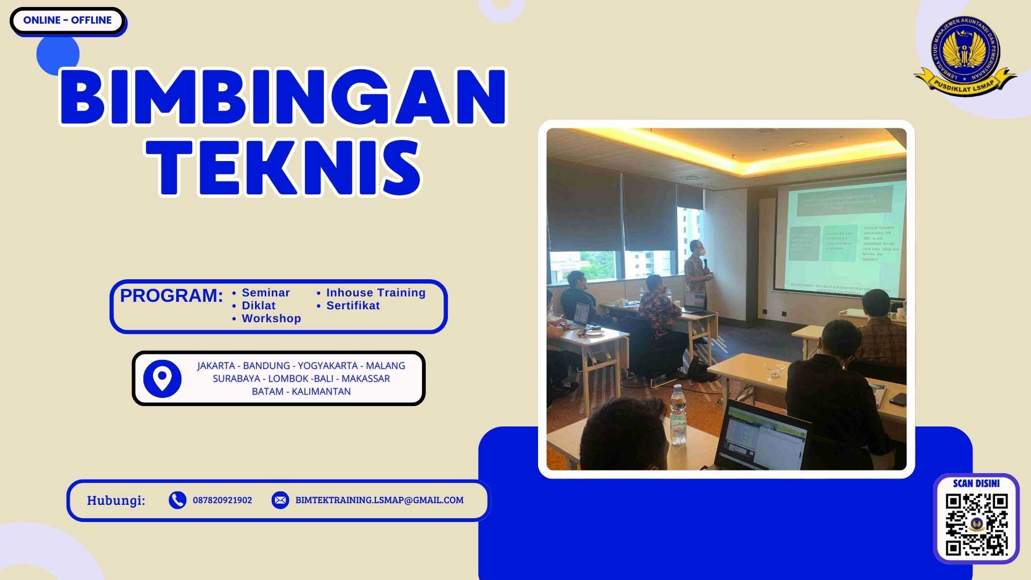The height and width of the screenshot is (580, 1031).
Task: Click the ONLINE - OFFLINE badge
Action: [x=67, y=20]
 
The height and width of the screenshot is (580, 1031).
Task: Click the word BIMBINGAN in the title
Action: [x=283, y=97]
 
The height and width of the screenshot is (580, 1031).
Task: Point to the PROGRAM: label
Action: [x=171, y=296]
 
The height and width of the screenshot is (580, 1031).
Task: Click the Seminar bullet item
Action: [x=265, y=293]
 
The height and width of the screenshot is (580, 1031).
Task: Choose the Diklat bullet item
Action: [x=258, y=306]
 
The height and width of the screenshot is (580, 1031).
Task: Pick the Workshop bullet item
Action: [x=271, y=318]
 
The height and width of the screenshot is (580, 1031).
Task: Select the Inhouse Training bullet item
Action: [x=375, y=293]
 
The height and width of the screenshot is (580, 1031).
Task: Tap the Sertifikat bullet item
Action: [x=353, y=306]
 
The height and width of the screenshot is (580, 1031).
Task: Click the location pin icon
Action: [x=162, y=379]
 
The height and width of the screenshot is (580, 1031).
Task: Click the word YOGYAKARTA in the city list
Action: [x=328, y=366]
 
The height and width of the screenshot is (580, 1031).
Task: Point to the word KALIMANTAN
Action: [x=321, y=392]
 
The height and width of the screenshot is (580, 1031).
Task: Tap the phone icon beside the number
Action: [x=177, y=500]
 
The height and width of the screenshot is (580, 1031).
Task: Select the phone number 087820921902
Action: [x=222, y=500]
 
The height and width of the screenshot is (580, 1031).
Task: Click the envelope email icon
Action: [x=280, y=500]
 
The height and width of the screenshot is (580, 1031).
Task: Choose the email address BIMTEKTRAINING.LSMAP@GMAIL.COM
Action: [x=379, y=500]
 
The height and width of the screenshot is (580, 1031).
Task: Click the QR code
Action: [x=976, y=524]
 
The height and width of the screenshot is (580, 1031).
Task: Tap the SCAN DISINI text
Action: [x=976, y=483]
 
